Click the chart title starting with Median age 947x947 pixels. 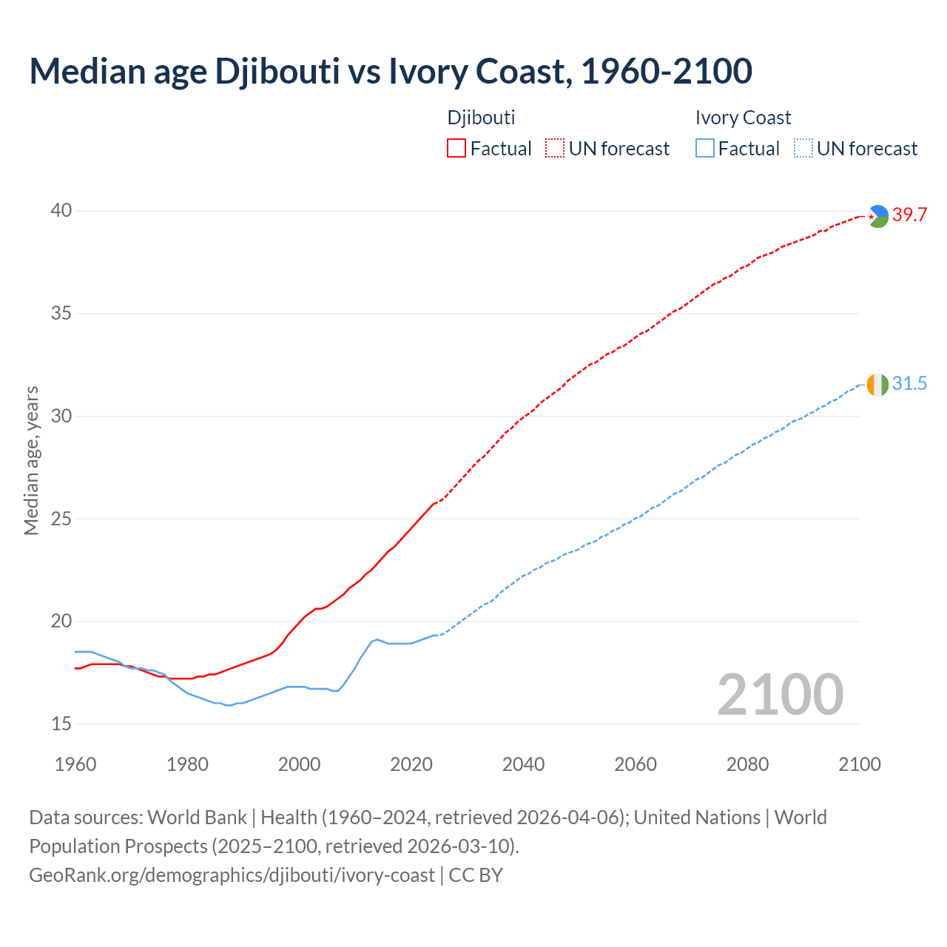coord(391,71)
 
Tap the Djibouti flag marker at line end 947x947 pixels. coord(877,216)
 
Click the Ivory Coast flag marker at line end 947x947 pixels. coord(877,385)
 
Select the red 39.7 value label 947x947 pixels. coord(909,215)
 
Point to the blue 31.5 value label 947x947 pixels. coord(909,383)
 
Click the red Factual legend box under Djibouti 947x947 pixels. coord(456,148)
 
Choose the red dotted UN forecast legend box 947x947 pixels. coord(555,148)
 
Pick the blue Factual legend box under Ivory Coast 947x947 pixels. coord(705,148)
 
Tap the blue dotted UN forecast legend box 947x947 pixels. coord(803,148)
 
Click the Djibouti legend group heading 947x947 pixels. coord(481,118)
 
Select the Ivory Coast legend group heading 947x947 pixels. coord(743,118)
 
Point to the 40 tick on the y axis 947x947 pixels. coord(61,211)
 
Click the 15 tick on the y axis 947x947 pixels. coord(61,724)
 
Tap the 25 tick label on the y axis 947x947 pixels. coord(61,519)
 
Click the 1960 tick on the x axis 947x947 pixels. coord(75,764)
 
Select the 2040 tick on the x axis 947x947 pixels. coord(523,764)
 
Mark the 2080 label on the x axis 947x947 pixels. coord(747,764)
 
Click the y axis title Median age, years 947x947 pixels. coord(31,460)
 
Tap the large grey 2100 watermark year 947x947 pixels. coord(780,694)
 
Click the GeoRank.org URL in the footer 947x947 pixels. coord(232,874)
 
